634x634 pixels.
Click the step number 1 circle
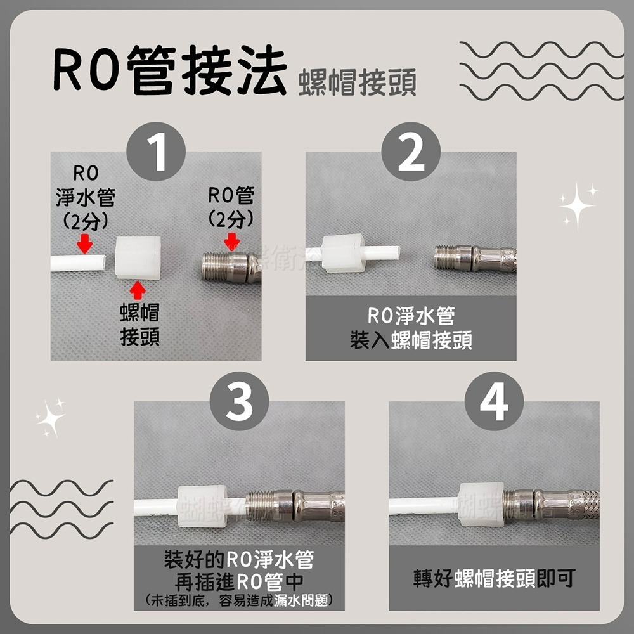156,152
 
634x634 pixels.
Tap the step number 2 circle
411,152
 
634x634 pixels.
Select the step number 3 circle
239,401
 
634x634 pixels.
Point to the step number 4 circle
494,401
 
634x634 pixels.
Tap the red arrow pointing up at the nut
138,291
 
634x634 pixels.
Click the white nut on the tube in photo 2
342,252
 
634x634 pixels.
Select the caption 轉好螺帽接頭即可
494,579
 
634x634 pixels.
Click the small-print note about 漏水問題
239,600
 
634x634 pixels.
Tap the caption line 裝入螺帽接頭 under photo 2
411,341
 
